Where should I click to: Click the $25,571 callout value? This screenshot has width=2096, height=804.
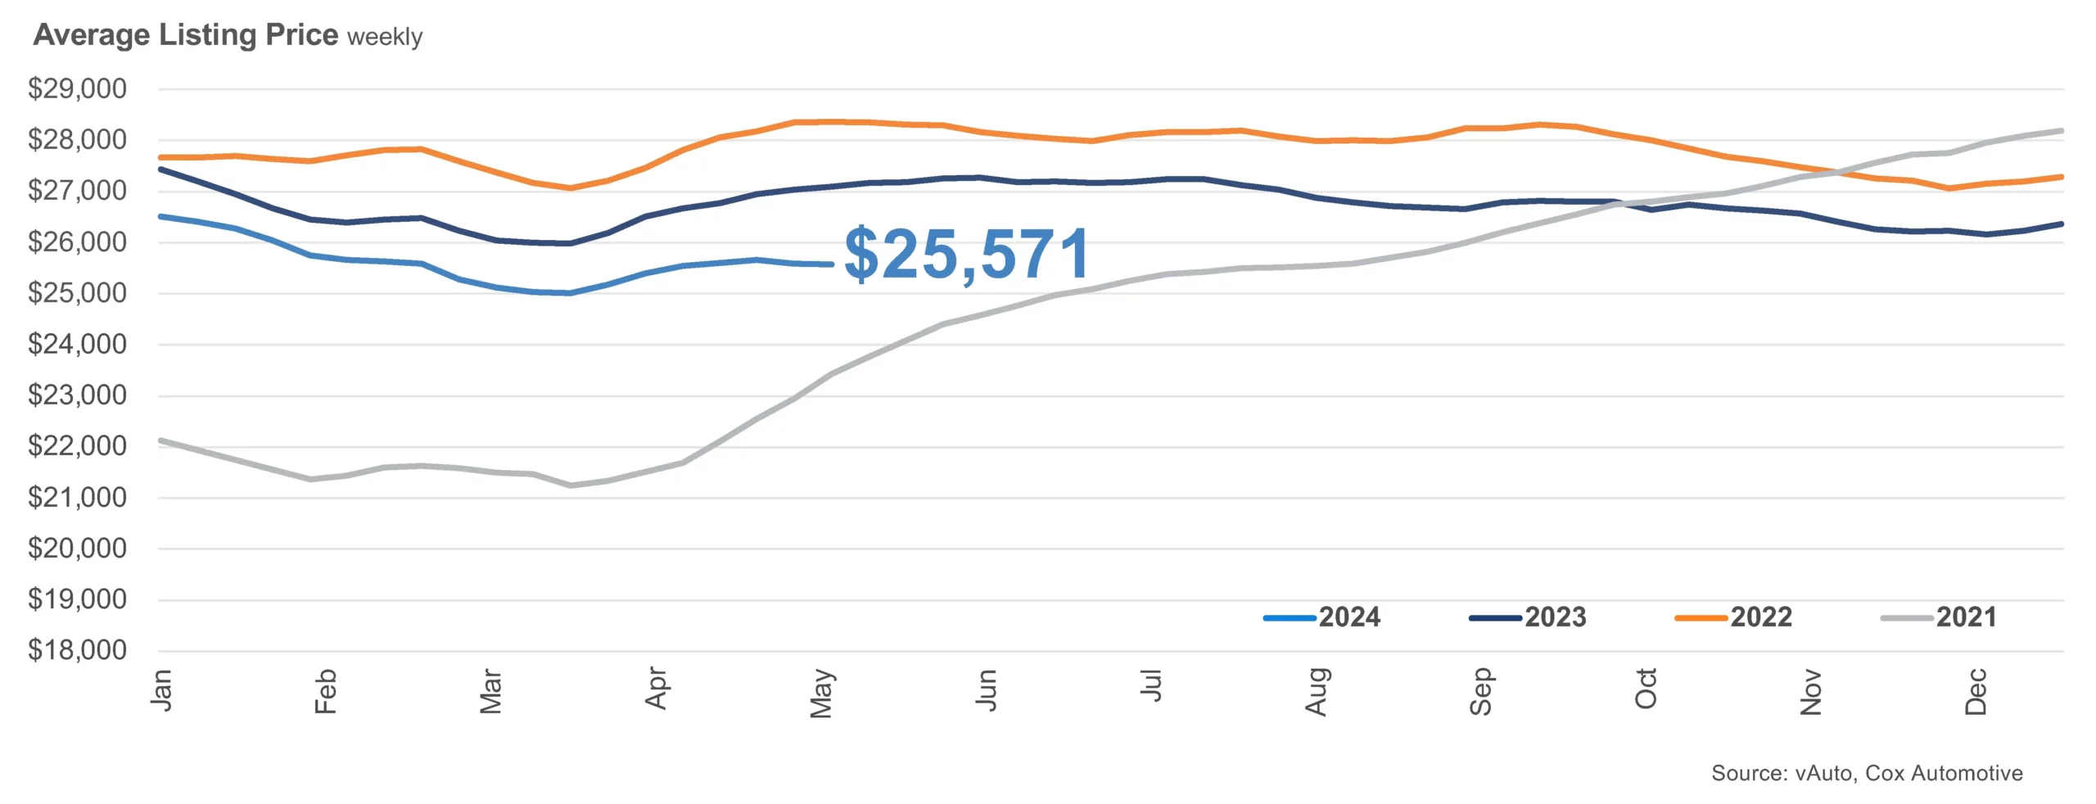point(966,255)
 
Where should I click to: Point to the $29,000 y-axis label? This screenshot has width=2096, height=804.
point(78,88)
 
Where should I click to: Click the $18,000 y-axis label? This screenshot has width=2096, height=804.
point(78,650)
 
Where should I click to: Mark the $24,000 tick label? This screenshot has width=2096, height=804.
point(78,344)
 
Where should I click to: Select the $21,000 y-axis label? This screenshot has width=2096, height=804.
point(78,497)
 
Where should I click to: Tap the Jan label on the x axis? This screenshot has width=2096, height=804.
point(162,689)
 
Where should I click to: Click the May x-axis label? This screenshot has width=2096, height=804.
point(821,693)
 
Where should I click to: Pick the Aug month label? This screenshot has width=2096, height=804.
point(1316,692)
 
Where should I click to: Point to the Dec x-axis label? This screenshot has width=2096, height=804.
point(1976,692)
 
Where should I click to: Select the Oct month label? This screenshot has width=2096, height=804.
point(1646,689)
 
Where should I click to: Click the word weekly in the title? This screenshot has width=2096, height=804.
point(385,37)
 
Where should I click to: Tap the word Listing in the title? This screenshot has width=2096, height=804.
point(208,35)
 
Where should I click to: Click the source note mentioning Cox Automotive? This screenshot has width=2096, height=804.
point(1867,773)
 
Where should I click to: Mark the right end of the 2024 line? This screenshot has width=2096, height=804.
point(832,264)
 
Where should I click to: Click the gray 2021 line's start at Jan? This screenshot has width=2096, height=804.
point(160,440)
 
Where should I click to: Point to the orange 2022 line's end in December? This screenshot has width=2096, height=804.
point(2061,177)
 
